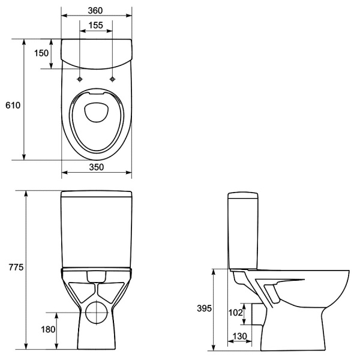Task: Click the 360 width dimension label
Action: pos(95,11)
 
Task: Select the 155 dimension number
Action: pos(96,25)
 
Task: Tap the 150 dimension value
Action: pos(41,53)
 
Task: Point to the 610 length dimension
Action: pos(13,105)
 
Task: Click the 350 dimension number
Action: pos(97,167)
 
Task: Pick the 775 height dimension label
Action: pos(16,267)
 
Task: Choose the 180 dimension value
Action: pos(48,329)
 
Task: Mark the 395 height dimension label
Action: pos(204,308)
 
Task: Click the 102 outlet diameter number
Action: pos(236,312)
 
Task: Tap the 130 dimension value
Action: pos(239,336)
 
